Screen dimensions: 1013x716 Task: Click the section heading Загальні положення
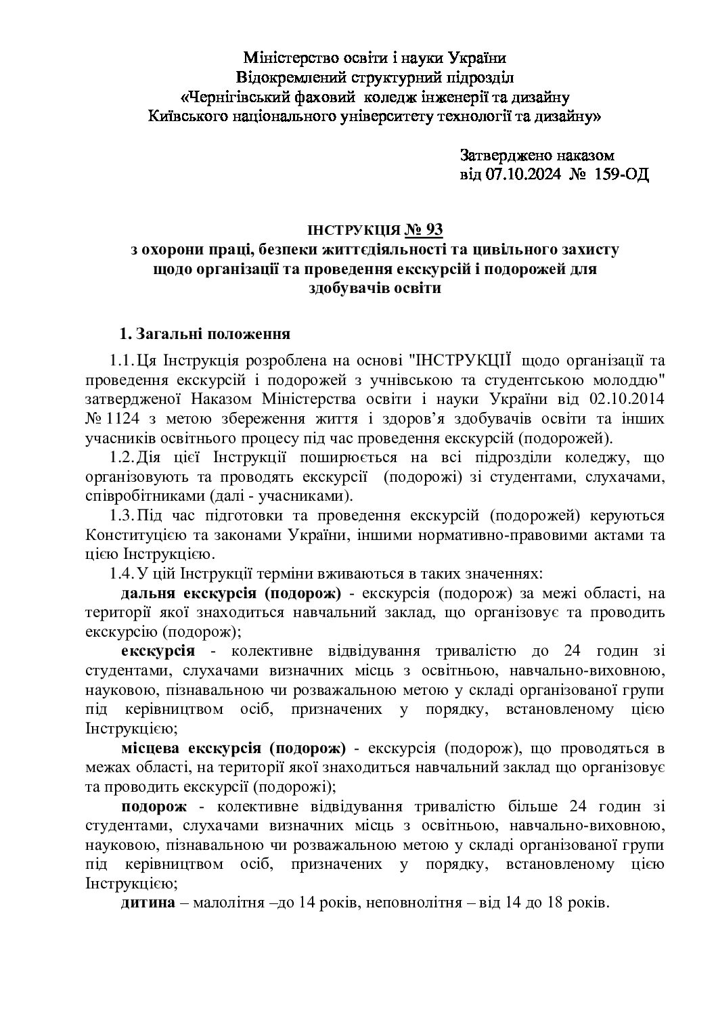coord(213,334)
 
